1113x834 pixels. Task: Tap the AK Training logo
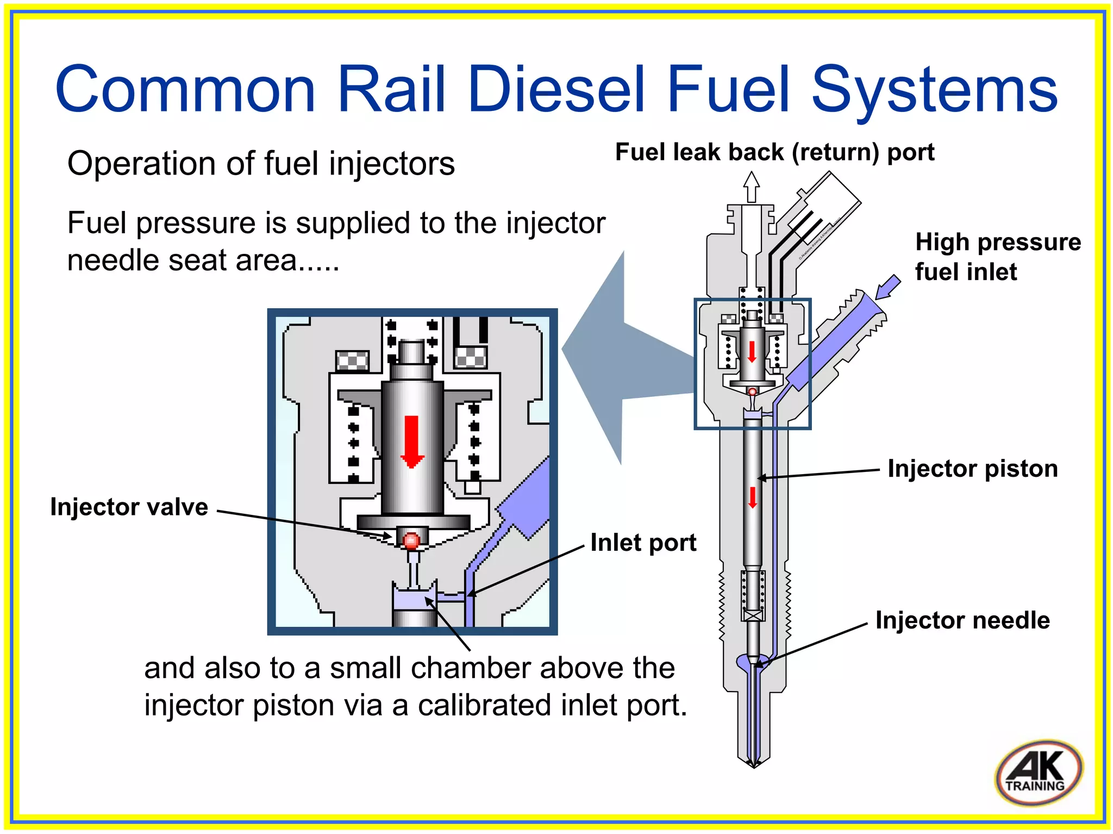tap(1039, 773)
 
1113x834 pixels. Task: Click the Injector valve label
tap(129, 507)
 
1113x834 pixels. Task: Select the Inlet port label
tap(643, 543)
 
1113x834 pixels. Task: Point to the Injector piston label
tap(972, 469)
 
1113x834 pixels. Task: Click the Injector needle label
tap(962, 620)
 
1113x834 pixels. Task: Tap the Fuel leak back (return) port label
tap(774, 152)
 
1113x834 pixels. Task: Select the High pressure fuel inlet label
tap(997, 257)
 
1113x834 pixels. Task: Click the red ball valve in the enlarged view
tap(411, 541)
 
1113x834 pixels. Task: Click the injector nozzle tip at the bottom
tap(753, 761)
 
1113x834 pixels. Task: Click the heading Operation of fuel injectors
tap(261, 163)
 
